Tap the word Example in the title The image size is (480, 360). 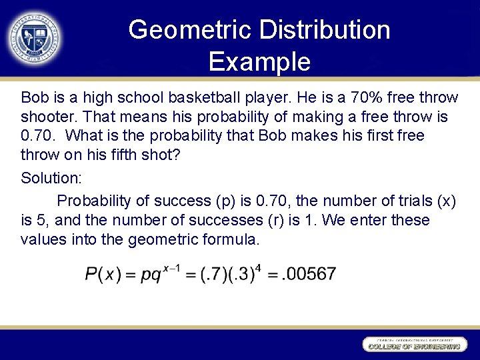(259, 61)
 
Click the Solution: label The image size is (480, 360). (50, 178)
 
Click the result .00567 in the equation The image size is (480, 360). (309, 274)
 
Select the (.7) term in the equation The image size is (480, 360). (214, 275)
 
